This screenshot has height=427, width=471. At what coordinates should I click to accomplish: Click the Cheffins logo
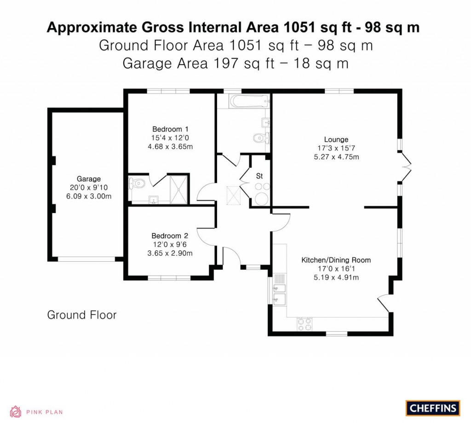point(432,408)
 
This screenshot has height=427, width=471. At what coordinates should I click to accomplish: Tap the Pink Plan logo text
point(44,412)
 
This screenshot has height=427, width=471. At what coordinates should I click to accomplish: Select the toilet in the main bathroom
point(261,137)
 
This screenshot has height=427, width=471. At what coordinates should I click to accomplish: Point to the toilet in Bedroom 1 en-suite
point(138,184)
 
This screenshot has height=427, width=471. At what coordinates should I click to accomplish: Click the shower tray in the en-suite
point(179,189)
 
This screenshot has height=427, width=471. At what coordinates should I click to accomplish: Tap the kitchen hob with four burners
point(304,324)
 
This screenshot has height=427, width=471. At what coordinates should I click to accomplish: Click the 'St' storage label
point(259,176)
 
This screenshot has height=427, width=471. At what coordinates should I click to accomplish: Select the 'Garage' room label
point(88,179)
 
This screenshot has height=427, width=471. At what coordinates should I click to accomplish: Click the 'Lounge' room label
point(336,139)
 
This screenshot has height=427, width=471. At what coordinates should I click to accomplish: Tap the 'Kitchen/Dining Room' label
point(336,260)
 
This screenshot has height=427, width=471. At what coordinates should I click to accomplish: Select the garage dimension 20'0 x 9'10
point(88,188)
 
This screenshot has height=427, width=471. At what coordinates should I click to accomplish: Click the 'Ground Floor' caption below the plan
point(82,315)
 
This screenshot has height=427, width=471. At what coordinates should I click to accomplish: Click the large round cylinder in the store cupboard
point(262,199)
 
